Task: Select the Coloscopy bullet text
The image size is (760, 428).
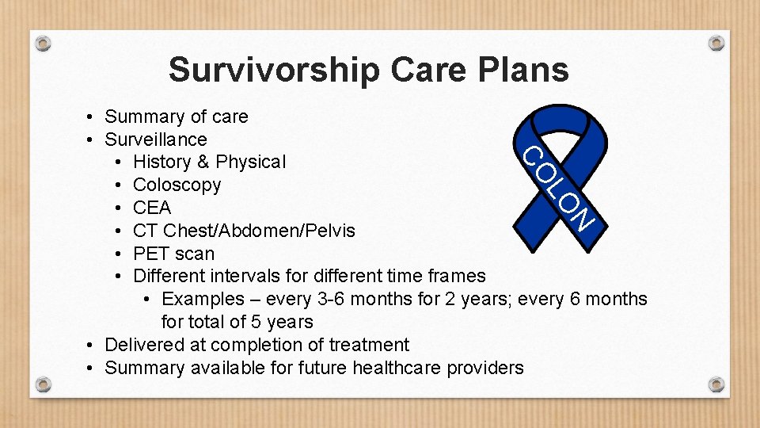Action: pyautogui.click(x=177, y=185)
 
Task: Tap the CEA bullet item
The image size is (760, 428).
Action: pyautogui.click(x=152, y=208)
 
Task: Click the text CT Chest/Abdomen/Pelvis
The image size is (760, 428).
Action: pyautogui.click(x=244, y=231)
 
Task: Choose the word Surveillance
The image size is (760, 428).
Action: pyautogui.click(x=156, y=139)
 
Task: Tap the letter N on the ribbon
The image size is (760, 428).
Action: pyautogui.click(x=582, y=218)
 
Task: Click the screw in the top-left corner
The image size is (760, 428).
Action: pyautogui.click(x=44, y=43)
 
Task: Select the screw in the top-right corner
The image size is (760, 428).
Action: pyautogui.click(x=716, y=43)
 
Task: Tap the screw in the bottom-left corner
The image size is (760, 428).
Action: pyautogui.click(x=44, y=384)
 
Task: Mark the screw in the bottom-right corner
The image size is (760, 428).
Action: pyautogui.click(x=716, y=384)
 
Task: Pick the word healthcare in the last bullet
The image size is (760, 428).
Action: pyautogui.click(x=399, y=368)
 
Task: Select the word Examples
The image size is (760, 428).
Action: pyautogui.click(x=203, y=299)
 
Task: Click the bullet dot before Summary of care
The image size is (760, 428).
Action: pyautogui.click(x=93, y=117)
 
